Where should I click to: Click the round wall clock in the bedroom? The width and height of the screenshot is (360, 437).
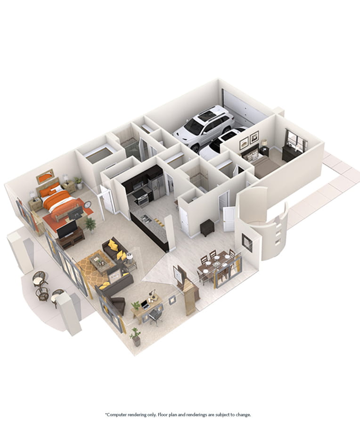coord(87,204)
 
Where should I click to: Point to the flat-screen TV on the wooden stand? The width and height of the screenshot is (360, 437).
coord(67,228)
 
